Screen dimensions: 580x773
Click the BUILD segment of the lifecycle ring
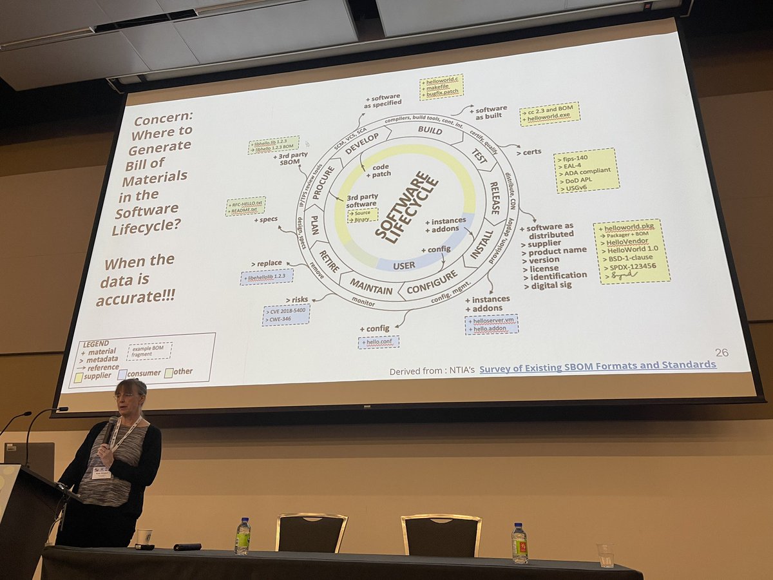(x=430, y=130)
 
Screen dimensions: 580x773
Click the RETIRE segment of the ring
(x=329, y=258)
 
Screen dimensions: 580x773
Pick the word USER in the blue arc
(x=404, y=264)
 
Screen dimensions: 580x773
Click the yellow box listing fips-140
(x=586, y=171)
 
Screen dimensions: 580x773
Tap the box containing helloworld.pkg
(x=631, y=251)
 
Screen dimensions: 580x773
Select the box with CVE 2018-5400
(x=286, y=314)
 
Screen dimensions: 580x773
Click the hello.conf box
(x=379, y=342)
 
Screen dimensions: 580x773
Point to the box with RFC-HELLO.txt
(x=245, y=206)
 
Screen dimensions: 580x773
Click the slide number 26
(x=721, y=352)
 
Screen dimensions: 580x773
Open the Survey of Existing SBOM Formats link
(x=597, y=365)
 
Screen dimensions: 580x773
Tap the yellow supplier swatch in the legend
(x=79, y=378)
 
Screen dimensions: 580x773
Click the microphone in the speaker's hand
(x=110, y=429)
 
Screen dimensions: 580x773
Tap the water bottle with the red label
(x=519, y=543)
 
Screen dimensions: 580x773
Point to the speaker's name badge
(x=100, y=473)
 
